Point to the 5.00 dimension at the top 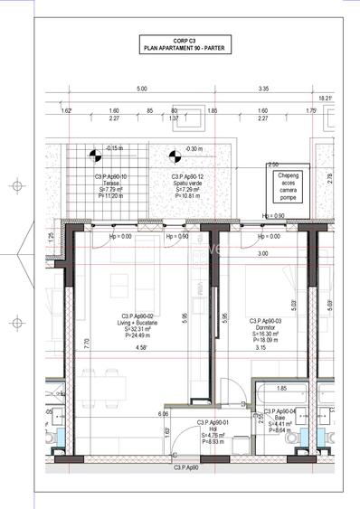pyautogui.click(x=141, y=90)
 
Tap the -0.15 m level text pyautogui.click(x=114, y=147)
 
